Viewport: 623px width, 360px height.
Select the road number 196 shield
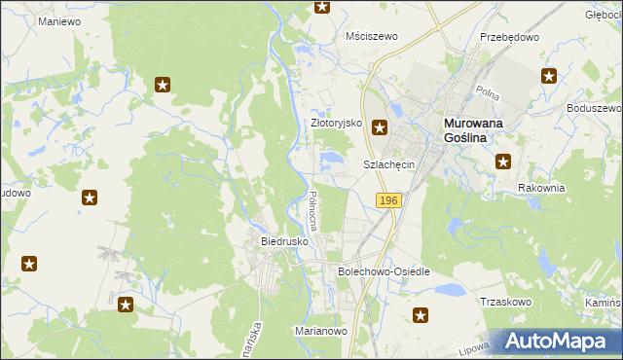point(388,199)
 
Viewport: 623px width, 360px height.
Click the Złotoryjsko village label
point(336,124)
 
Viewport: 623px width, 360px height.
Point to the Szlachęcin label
point(389,164)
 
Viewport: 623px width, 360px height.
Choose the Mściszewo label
point(373,36)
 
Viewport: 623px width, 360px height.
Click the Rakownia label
point(541,188)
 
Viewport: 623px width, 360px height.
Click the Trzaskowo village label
point(504,302)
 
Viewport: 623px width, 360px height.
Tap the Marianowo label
point(321,331)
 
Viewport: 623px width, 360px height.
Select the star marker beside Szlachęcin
point(381,126)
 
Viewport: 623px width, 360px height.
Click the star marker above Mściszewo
point(322,7)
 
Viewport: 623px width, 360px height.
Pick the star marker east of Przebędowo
point(550,76)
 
